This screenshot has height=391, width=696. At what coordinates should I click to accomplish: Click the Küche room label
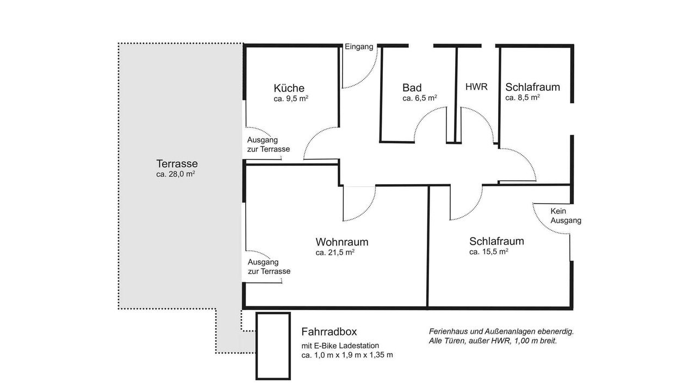pyautogui.click(x=289, y=88)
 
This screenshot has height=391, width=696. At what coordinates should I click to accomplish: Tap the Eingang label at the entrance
pyautogui.click(x=359, y=47)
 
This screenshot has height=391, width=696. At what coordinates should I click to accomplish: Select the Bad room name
pyautogui.click(x=412, y=88)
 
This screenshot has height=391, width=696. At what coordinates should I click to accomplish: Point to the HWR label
pyautogui.click(x=476, y=87)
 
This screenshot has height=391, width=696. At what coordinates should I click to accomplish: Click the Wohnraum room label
pyautogui.click(x=342, y=242)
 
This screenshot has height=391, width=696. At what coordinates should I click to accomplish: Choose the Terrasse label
pyautogui.click(x=177, y=163)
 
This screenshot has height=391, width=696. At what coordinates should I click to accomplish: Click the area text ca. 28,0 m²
pyautogui.click(x=176, y=174)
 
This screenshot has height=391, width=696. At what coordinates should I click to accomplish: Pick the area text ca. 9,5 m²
pyautogui.click(x=291, y=99)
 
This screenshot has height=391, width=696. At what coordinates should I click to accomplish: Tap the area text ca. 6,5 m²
pyautogui.click(x=420, y=98)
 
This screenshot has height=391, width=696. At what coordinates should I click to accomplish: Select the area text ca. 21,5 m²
pyautogui.click(x=335, y=253)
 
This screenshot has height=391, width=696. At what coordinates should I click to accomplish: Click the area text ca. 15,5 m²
pyautogui.click(x=489, y=251)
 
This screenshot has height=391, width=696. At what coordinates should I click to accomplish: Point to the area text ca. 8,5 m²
pyautogui.click(x=523, y=97)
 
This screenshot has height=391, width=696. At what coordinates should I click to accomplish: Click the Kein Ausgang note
pyautogui.click(x=566, y=216)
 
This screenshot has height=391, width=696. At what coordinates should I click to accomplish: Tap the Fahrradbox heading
pyautogui.click(x=329, y=332)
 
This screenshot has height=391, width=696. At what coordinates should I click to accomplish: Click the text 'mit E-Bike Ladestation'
pyautogui.click(x=340, y=345)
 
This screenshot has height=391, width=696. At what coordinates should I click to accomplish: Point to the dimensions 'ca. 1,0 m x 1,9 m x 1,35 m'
pyautogui.click(x=347, y=355)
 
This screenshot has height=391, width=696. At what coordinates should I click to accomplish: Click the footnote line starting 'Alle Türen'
pyautogui.click(x=493, y=340)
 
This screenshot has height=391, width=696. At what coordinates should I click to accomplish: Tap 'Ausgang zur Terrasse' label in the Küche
pyautogui.click(x=269, y=144)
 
